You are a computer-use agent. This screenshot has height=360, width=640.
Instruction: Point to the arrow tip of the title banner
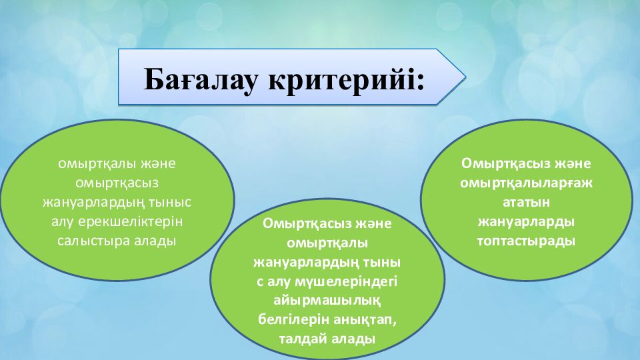pos(466,76)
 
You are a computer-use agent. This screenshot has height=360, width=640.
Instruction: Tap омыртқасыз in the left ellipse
pos(117,183)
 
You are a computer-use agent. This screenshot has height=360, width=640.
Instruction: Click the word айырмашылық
pos(327,301)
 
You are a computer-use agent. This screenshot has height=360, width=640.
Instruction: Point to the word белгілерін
pos(293,319)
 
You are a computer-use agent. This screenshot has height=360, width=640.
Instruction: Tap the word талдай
pos(303,339)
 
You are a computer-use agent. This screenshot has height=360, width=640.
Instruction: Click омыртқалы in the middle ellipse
pos(327,243)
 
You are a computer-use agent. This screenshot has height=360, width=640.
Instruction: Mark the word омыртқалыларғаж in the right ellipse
pos(527,183)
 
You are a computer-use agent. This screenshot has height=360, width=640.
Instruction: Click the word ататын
pos(527,203)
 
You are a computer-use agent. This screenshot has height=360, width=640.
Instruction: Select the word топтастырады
pos(527,241)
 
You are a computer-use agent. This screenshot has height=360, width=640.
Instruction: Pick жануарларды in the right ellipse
pos(527,222)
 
